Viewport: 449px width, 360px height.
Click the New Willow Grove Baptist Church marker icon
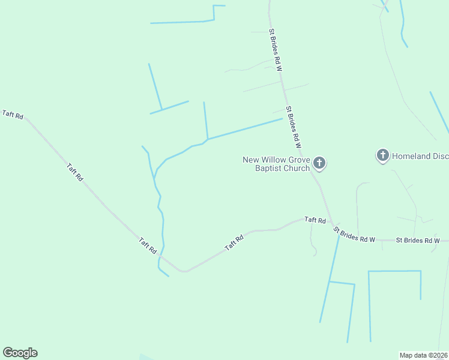(319, 162)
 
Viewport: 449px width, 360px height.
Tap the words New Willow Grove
(276, 160)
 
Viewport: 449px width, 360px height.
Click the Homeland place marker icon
(382, 155)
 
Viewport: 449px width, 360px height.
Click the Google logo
(20, 353)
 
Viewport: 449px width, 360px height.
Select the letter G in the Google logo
(7, 352)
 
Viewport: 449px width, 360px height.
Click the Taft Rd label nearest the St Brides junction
(315, 220)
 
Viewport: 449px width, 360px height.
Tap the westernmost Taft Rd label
(13, 114)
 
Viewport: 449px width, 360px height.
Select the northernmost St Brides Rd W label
(276, 50)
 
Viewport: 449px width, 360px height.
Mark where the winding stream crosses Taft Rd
(160, 257)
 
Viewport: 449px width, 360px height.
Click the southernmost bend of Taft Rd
(185, 271)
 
